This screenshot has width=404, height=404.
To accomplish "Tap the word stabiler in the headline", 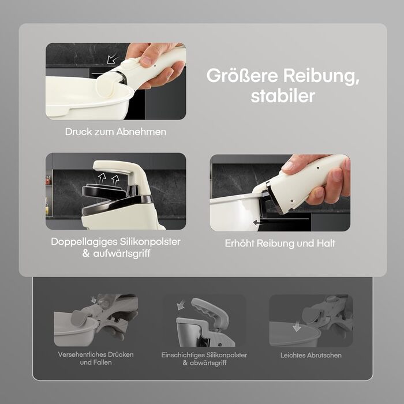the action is (283, 96).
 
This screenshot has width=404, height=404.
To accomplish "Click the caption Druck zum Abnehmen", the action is (115, 132).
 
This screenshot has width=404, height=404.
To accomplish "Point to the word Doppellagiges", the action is (84, 242).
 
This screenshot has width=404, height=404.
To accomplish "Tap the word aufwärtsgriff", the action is (122, 253).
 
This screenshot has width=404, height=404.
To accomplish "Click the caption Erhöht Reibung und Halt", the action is (280, 243).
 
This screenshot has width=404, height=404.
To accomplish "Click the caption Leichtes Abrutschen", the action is (311, 356).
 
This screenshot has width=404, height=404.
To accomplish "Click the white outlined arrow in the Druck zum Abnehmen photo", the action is (113, 58).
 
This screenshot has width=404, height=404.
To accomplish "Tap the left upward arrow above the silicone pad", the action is (102, 178).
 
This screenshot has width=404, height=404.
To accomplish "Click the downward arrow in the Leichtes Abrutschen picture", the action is (297, 326).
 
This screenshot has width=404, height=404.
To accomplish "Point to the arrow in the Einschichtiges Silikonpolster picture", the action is (181, 305).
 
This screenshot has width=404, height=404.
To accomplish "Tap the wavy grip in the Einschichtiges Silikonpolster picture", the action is (208, 311).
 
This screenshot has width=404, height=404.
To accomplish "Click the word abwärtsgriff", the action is (208, 363).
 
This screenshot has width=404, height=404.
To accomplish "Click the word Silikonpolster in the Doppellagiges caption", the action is (149, 242).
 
